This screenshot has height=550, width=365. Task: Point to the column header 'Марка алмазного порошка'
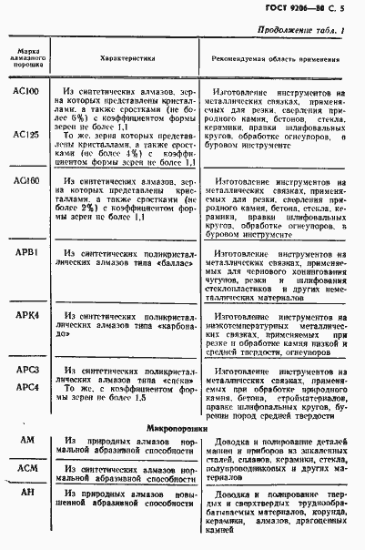click(27, 56)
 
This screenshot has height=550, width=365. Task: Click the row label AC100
click(27, 93)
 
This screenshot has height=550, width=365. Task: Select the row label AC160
click(27, 181)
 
